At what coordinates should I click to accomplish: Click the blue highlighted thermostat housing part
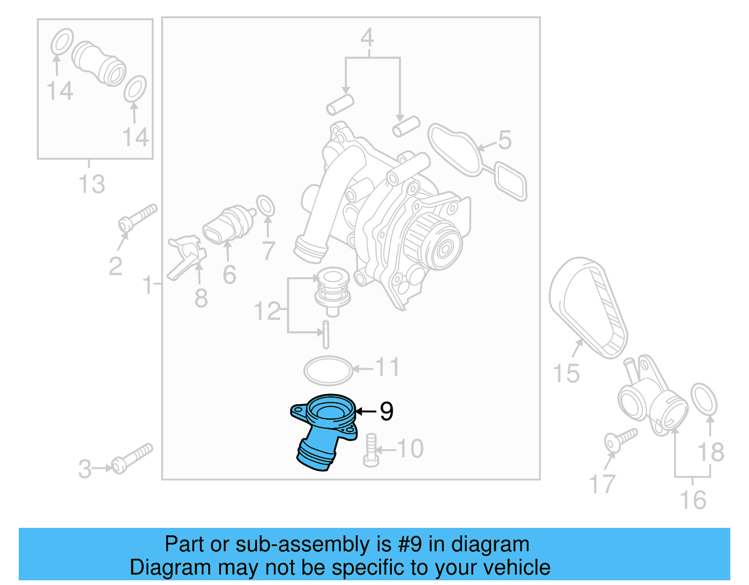click(x=323, y=431)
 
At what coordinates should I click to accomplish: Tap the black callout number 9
click(x=386, y=412)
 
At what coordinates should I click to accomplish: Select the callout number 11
click(x=388, y=367)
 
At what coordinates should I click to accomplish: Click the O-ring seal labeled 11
click(x=328, y=370)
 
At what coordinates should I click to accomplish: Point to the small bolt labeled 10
click(x=371, y=450)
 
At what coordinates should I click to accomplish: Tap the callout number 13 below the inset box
click(x=92, y=184)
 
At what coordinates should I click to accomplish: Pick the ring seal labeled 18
click(x=704, y=399)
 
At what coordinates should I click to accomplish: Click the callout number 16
click(x=693, y=500)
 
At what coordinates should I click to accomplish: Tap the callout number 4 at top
click(x=367, y=38)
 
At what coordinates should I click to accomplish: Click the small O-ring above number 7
click(x=265, y=206)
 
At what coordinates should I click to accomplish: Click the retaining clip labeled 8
click(x=187, y=255)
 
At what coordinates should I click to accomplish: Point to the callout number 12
click(x=267, y=311)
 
